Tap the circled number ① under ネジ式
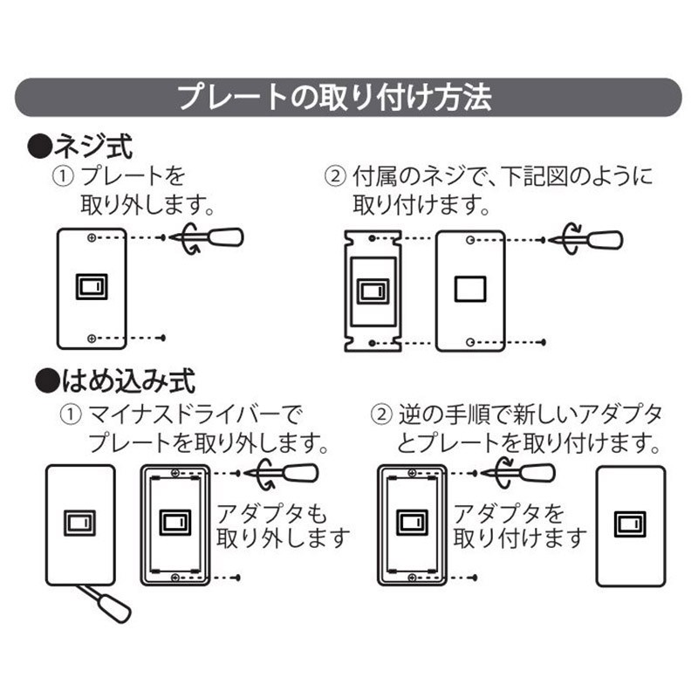click(63, 177)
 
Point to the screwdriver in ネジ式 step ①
click(215, 237)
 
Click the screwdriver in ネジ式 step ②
click(593, 238)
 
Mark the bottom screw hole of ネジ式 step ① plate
click(92, 337)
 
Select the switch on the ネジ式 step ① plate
click(92, 286)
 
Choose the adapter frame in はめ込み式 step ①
click(175, 524)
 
